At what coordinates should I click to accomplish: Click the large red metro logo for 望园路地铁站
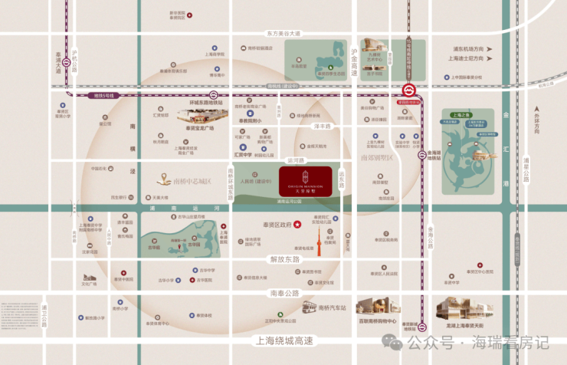coord(409,89)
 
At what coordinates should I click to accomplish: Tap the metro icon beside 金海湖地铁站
coord(421,155)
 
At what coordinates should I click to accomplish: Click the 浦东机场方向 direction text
coord(468,48)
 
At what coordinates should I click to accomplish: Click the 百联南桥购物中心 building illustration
coord(373,307)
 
